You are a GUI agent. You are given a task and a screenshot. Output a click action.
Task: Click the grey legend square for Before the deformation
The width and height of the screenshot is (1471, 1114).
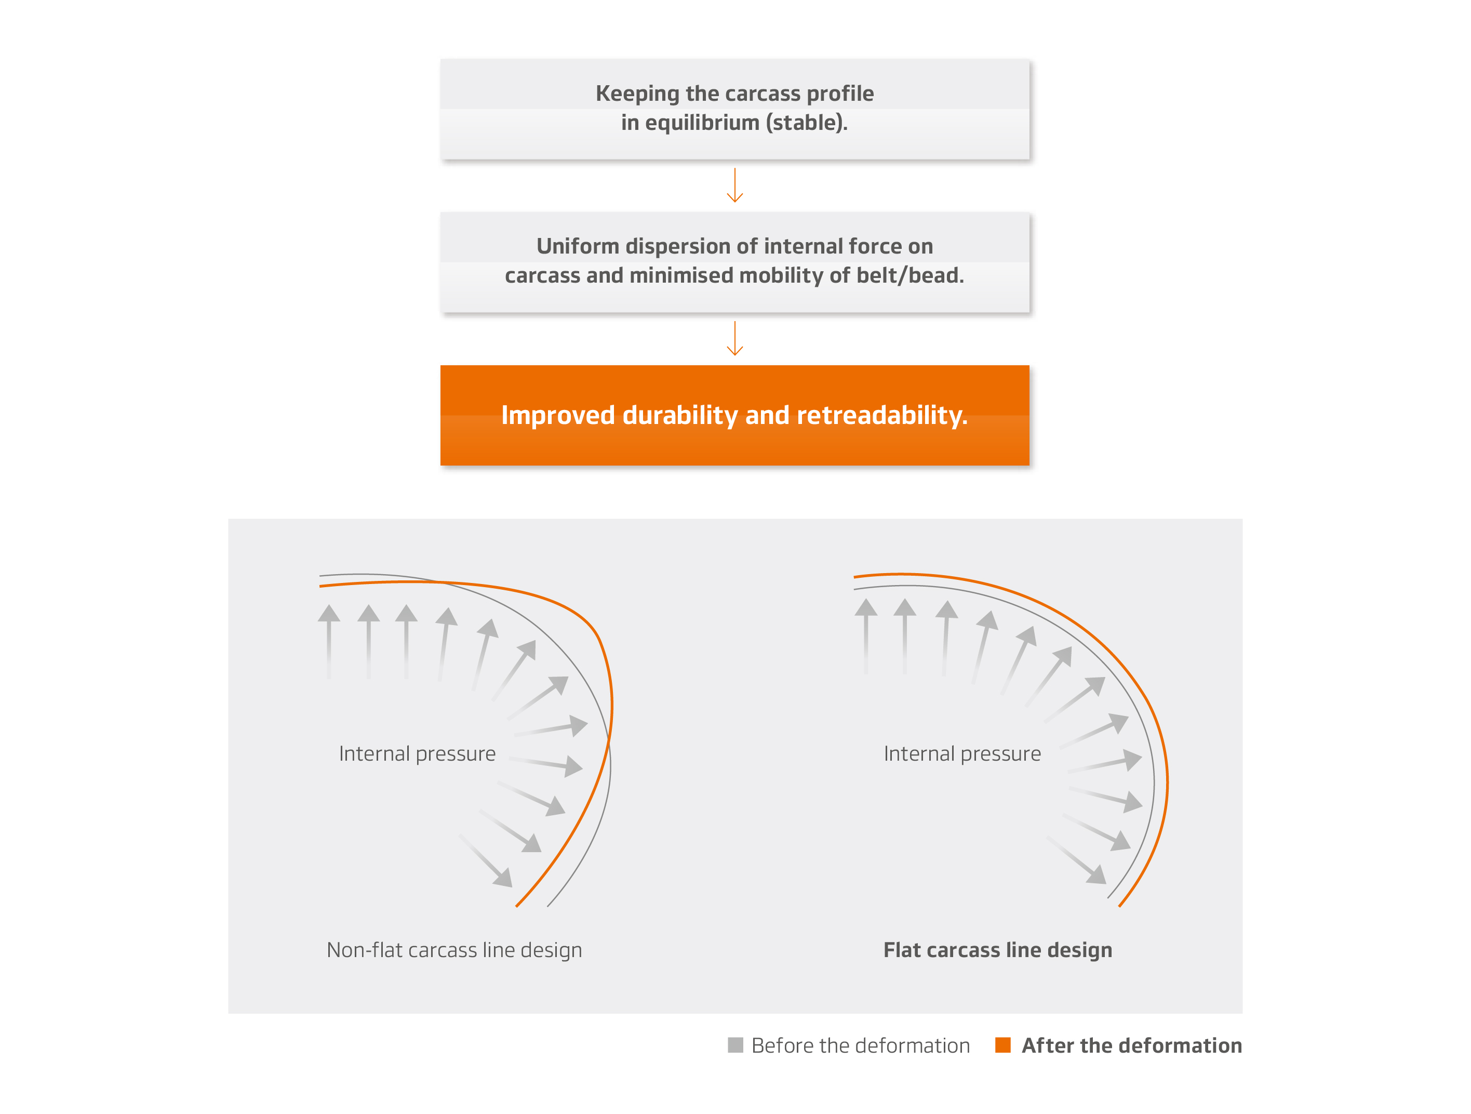coord(735,1044)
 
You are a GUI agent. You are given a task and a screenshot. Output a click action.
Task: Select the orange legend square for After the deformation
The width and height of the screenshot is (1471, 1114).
coord(1003,1044)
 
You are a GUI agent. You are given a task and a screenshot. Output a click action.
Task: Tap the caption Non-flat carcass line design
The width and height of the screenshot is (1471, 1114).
coord(454,950)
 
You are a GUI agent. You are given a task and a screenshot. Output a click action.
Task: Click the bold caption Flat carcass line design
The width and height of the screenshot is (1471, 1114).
coord(997,950)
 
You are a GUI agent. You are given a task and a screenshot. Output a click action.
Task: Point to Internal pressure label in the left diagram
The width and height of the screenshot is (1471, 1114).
coord(417,753)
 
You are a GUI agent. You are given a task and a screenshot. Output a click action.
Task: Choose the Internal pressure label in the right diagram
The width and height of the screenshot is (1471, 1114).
coord(962,753)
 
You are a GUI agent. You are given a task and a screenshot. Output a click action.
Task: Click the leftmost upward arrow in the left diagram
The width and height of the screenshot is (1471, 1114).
coord(328,642)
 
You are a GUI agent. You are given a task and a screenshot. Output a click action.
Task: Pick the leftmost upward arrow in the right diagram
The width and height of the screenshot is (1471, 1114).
coord(866,636)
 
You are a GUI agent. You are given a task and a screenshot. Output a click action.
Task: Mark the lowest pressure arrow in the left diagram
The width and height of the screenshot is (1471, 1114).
coord(486,860)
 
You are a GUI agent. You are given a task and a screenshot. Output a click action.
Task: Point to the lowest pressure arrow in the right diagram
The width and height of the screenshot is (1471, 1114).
coord(1077,860)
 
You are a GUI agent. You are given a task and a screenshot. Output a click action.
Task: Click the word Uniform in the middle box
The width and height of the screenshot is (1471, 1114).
coord(578,247)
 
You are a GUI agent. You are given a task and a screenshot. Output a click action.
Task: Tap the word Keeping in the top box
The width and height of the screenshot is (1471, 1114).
coord(638,94)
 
